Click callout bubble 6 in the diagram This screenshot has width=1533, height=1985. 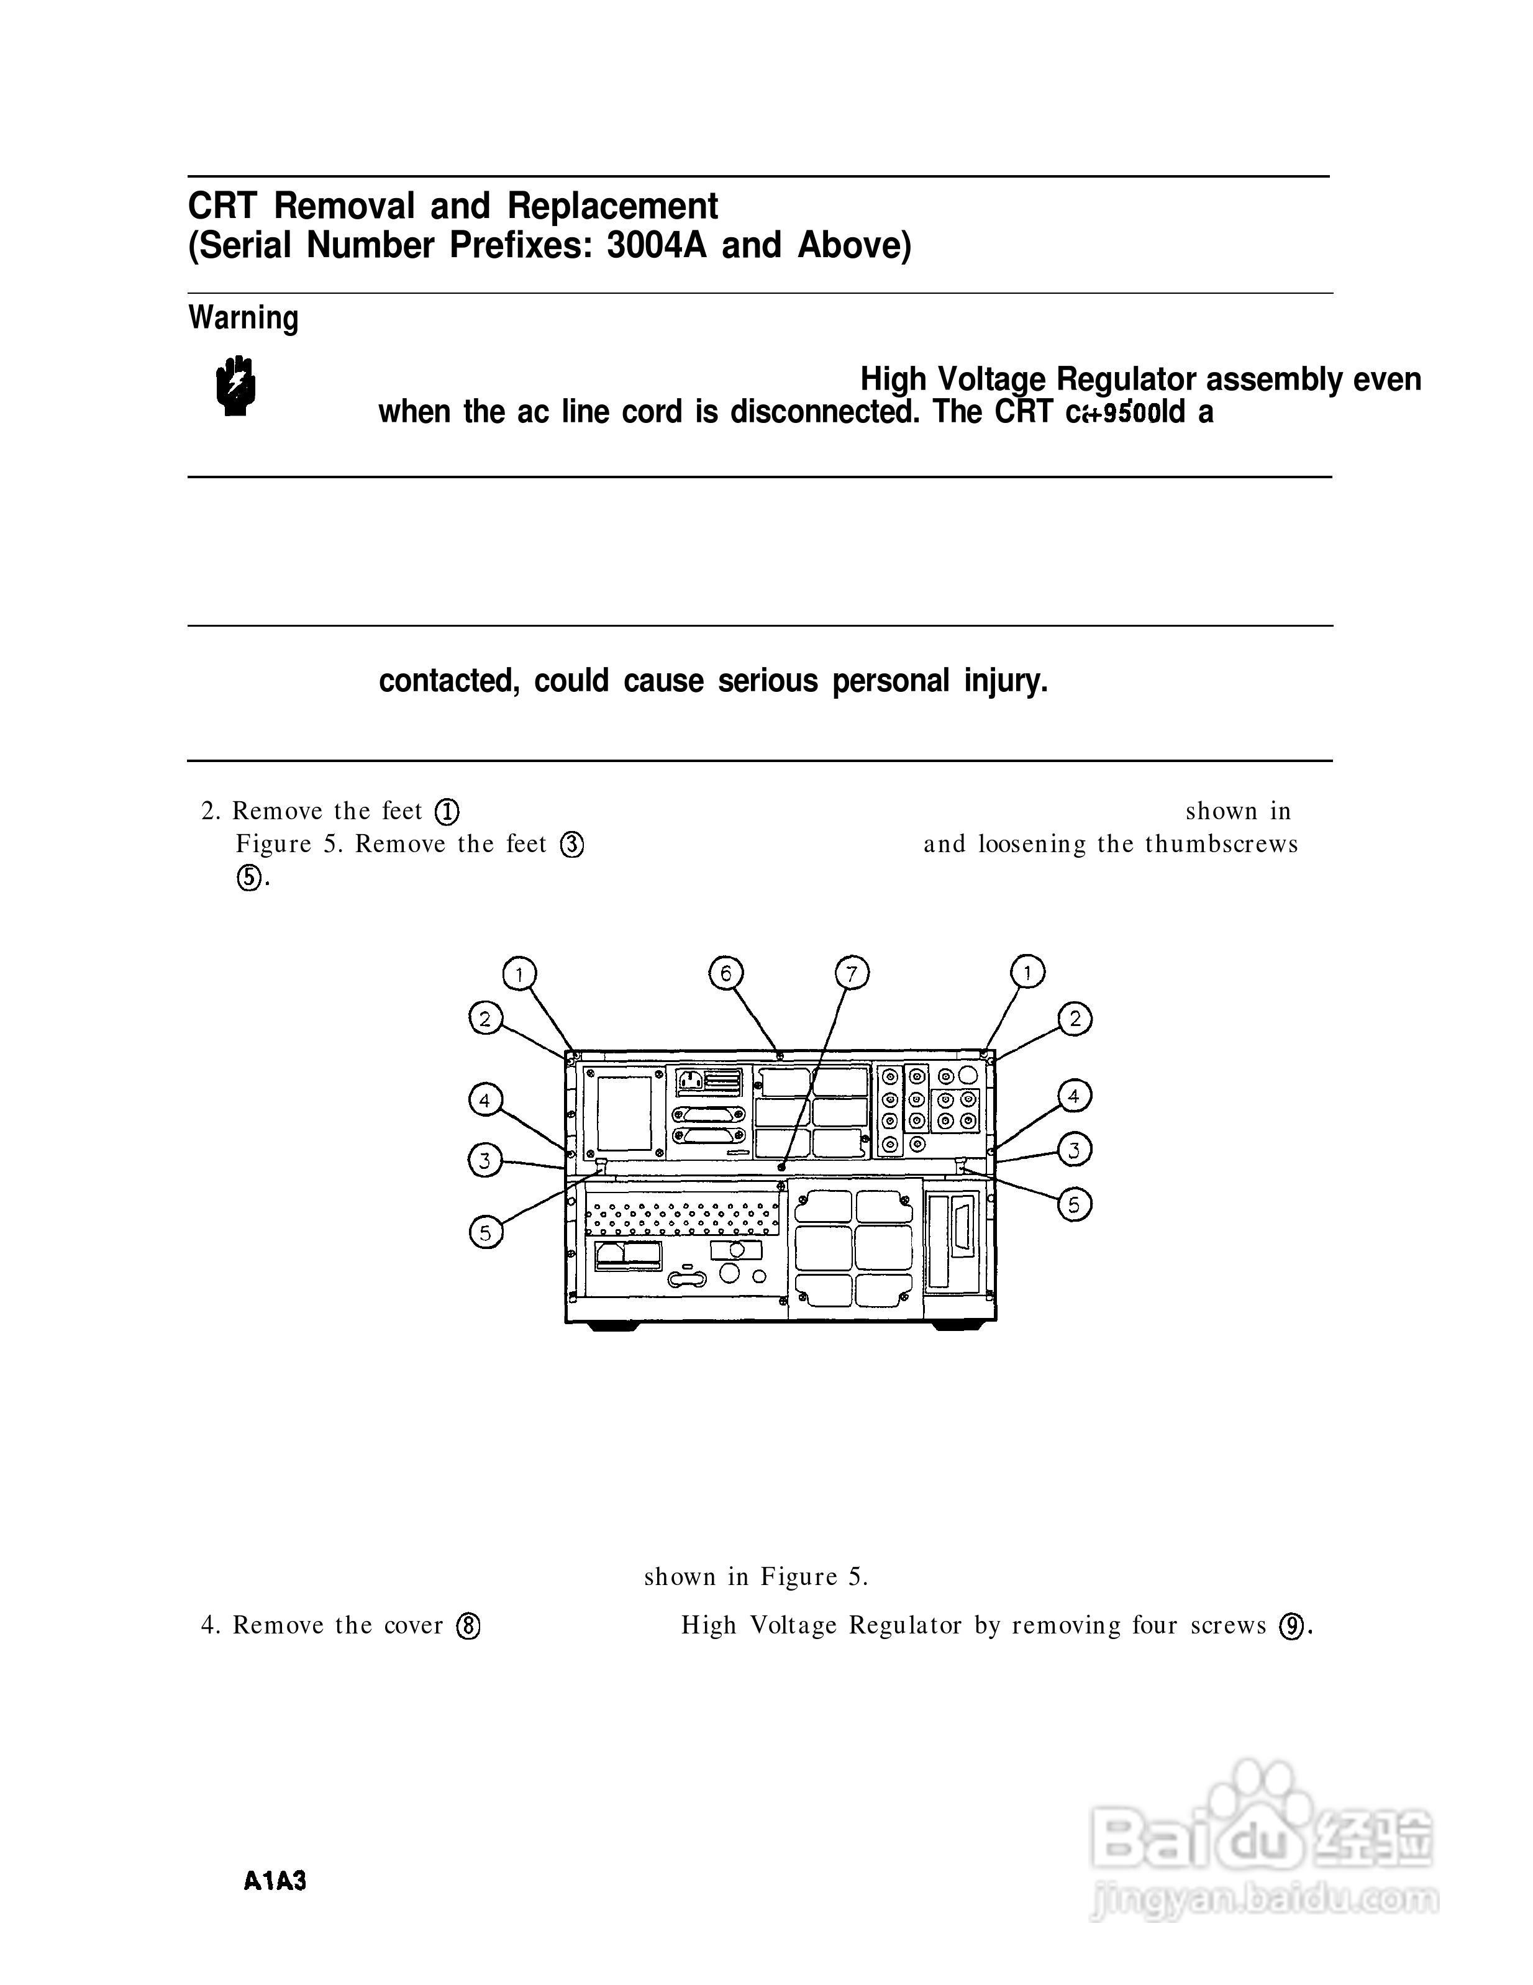[725, 973]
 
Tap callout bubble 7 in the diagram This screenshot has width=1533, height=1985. [852, 973]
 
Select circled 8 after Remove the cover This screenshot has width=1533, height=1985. [468, 1626]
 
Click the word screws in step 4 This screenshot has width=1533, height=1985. [1227, 1626]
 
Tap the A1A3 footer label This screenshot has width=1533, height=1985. [275, 1881]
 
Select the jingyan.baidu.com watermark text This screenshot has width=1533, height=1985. [1263, 1899]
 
